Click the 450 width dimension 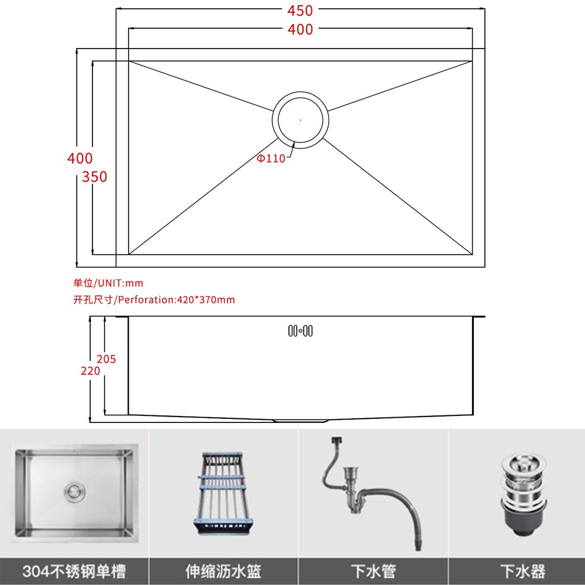(300, 11)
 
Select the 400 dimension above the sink (300, 29)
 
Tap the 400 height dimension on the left (80, 158)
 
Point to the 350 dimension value (94, 177)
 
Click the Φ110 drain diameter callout (271, 158)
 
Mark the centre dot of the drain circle (300, 120)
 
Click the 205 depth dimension (106, 359)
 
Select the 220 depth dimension (90, 371)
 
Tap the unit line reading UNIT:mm (108, 283)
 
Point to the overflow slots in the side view (300, 331)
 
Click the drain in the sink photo (75, 492)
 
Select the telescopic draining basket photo (223, 494)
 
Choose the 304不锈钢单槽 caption (74, 571)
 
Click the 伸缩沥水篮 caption (223, 571)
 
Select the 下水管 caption (373, 571)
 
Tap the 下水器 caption (522, 571)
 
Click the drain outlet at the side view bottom (300, 421)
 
